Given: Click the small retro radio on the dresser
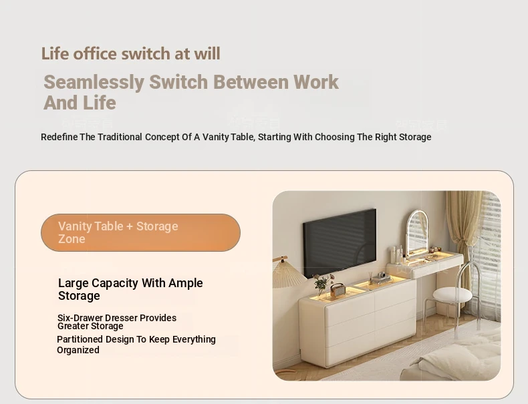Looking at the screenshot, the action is coord(338,289).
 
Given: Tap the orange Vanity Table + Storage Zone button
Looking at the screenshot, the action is coord(140,232).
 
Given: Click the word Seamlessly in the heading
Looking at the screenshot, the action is coord(94,82).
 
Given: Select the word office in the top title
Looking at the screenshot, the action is coord(95,54).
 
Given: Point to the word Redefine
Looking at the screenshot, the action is coord(59,137).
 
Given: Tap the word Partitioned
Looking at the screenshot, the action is coord(80,339).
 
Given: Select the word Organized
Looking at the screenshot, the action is coord(78,350).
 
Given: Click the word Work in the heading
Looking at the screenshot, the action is coord(316,82).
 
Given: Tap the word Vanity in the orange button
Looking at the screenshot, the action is coord(74,226).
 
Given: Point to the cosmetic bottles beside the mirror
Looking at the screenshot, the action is coord(398,254).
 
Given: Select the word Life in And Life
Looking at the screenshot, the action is coord(100,103).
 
